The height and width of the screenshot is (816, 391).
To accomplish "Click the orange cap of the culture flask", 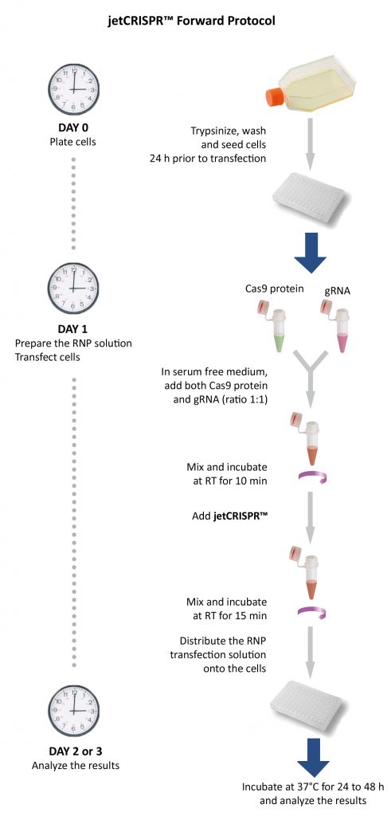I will click(x=272, y=96).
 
